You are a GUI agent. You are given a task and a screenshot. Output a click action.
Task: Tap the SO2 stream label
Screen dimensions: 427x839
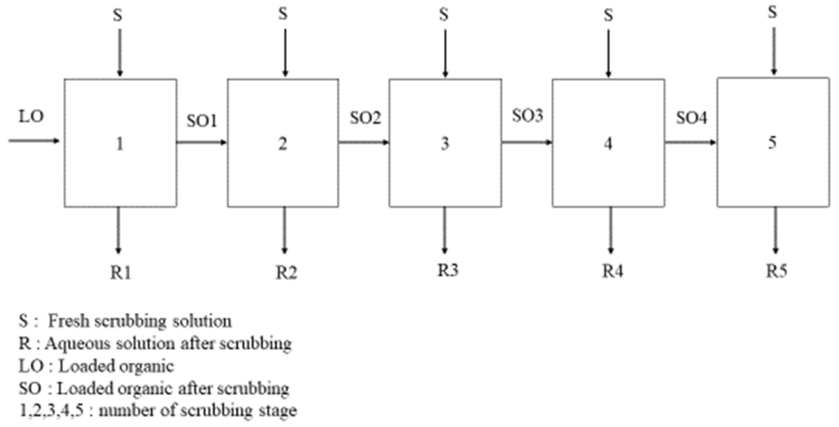click(364, 117)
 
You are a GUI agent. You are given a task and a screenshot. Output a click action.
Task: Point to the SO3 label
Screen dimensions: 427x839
click(527, 116)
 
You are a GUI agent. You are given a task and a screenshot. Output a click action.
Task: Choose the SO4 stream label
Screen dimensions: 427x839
click(691, 116)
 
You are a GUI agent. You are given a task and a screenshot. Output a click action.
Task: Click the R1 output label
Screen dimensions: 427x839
click(121, 274)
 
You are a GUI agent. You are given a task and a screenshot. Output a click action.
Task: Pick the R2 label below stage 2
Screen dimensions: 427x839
click(285, 274)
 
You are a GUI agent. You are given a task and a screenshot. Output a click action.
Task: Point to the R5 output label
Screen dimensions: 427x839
click(775, 272)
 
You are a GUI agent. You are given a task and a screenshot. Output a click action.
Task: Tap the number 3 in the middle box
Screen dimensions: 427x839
click(445, 145)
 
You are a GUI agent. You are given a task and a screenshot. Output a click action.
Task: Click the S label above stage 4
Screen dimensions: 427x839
click(608, 15)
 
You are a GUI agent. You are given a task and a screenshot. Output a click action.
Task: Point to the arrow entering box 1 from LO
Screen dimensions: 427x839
click(35, 139)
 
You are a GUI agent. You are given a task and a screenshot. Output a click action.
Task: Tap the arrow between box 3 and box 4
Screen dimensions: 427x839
click(526, 139)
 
